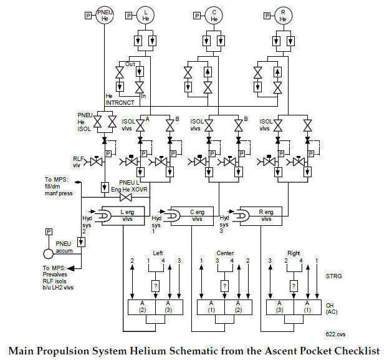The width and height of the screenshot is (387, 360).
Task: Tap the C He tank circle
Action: coord(214,16)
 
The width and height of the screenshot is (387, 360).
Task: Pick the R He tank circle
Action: coord(282,16)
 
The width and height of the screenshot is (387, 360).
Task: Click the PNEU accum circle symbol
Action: coord(49,255)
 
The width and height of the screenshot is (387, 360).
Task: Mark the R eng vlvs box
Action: coord(267,215)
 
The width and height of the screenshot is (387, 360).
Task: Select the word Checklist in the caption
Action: coord(355,350)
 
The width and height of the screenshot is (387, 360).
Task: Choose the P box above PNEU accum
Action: coord(49,232)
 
